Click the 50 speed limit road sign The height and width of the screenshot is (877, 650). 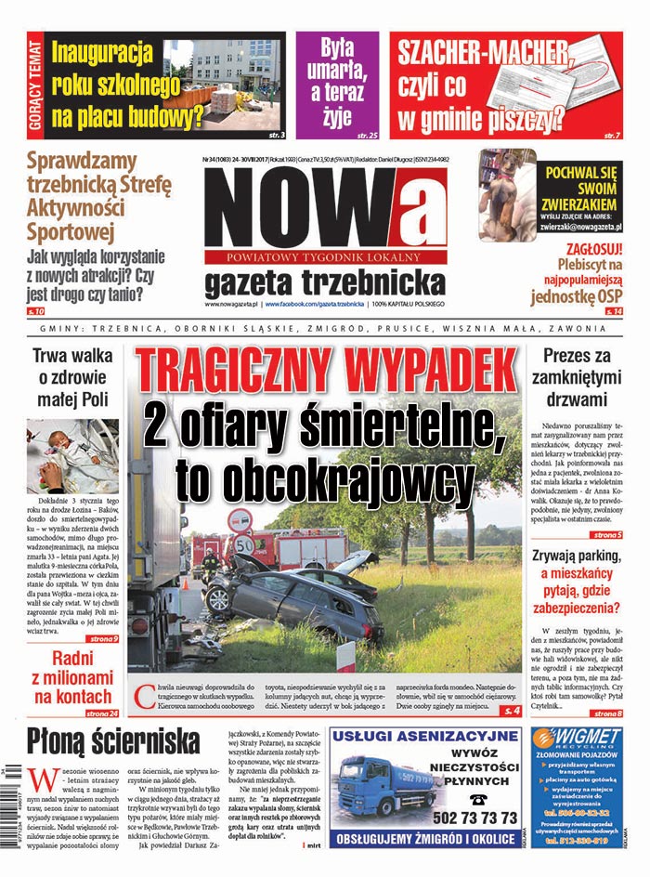[x=244, y=543]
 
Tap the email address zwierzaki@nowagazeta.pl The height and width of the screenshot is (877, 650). [x=581, y=226]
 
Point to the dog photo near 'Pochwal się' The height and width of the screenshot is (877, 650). [x=507, y=196]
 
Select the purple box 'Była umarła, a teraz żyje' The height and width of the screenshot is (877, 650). [x=337, y=82]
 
